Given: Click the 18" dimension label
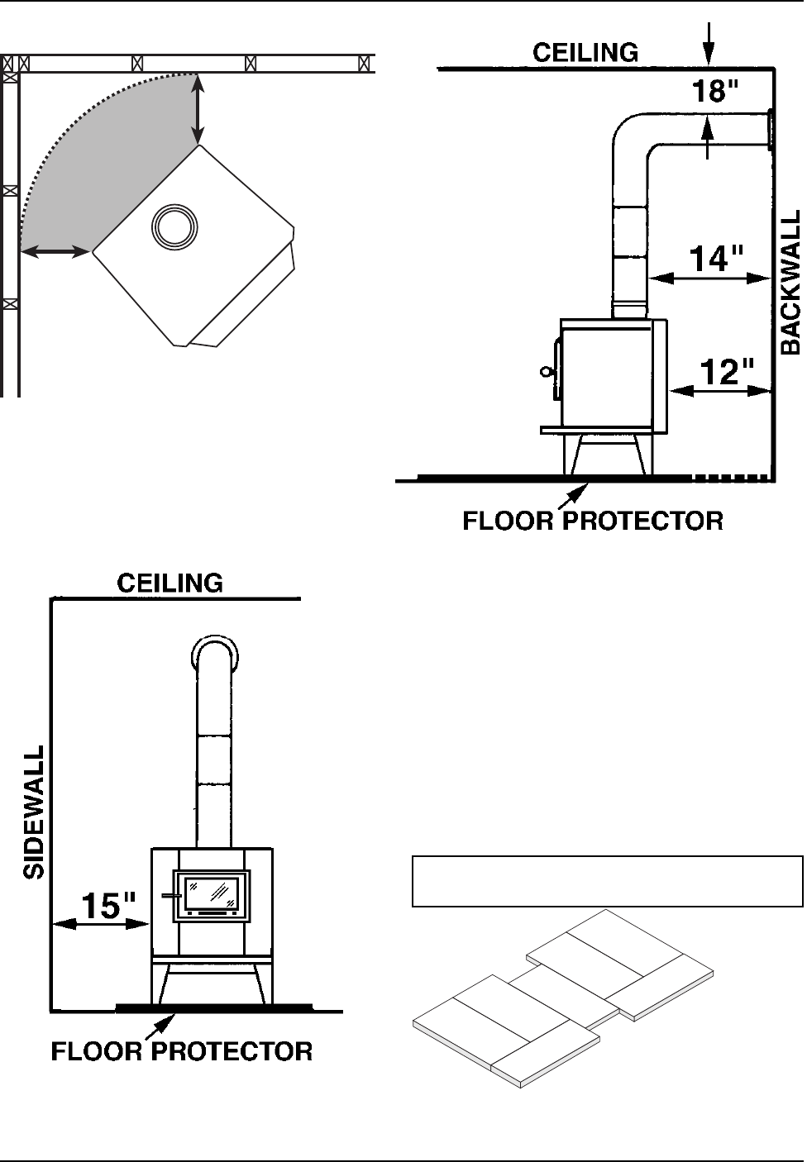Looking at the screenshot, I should tap(714, 92).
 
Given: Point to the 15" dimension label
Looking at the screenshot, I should tap(107, 906).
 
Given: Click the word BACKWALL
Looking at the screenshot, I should tap(791, 282).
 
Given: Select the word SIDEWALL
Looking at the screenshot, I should tap(34, 813).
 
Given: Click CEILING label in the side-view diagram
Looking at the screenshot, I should tap(585, 53).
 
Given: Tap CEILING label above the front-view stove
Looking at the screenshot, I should tap(170, 583).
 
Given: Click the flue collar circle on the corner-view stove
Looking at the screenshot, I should tap(174, 226).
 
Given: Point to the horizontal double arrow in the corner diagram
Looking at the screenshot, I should tap(55, 250).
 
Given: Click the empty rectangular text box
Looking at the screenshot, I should tap(607, 882).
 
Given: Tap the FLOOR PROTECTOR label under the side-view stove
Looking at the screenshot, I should tap(592, 521).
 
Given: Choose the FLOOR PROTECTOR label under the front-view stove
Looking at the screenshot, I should tap(182, 1051).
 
